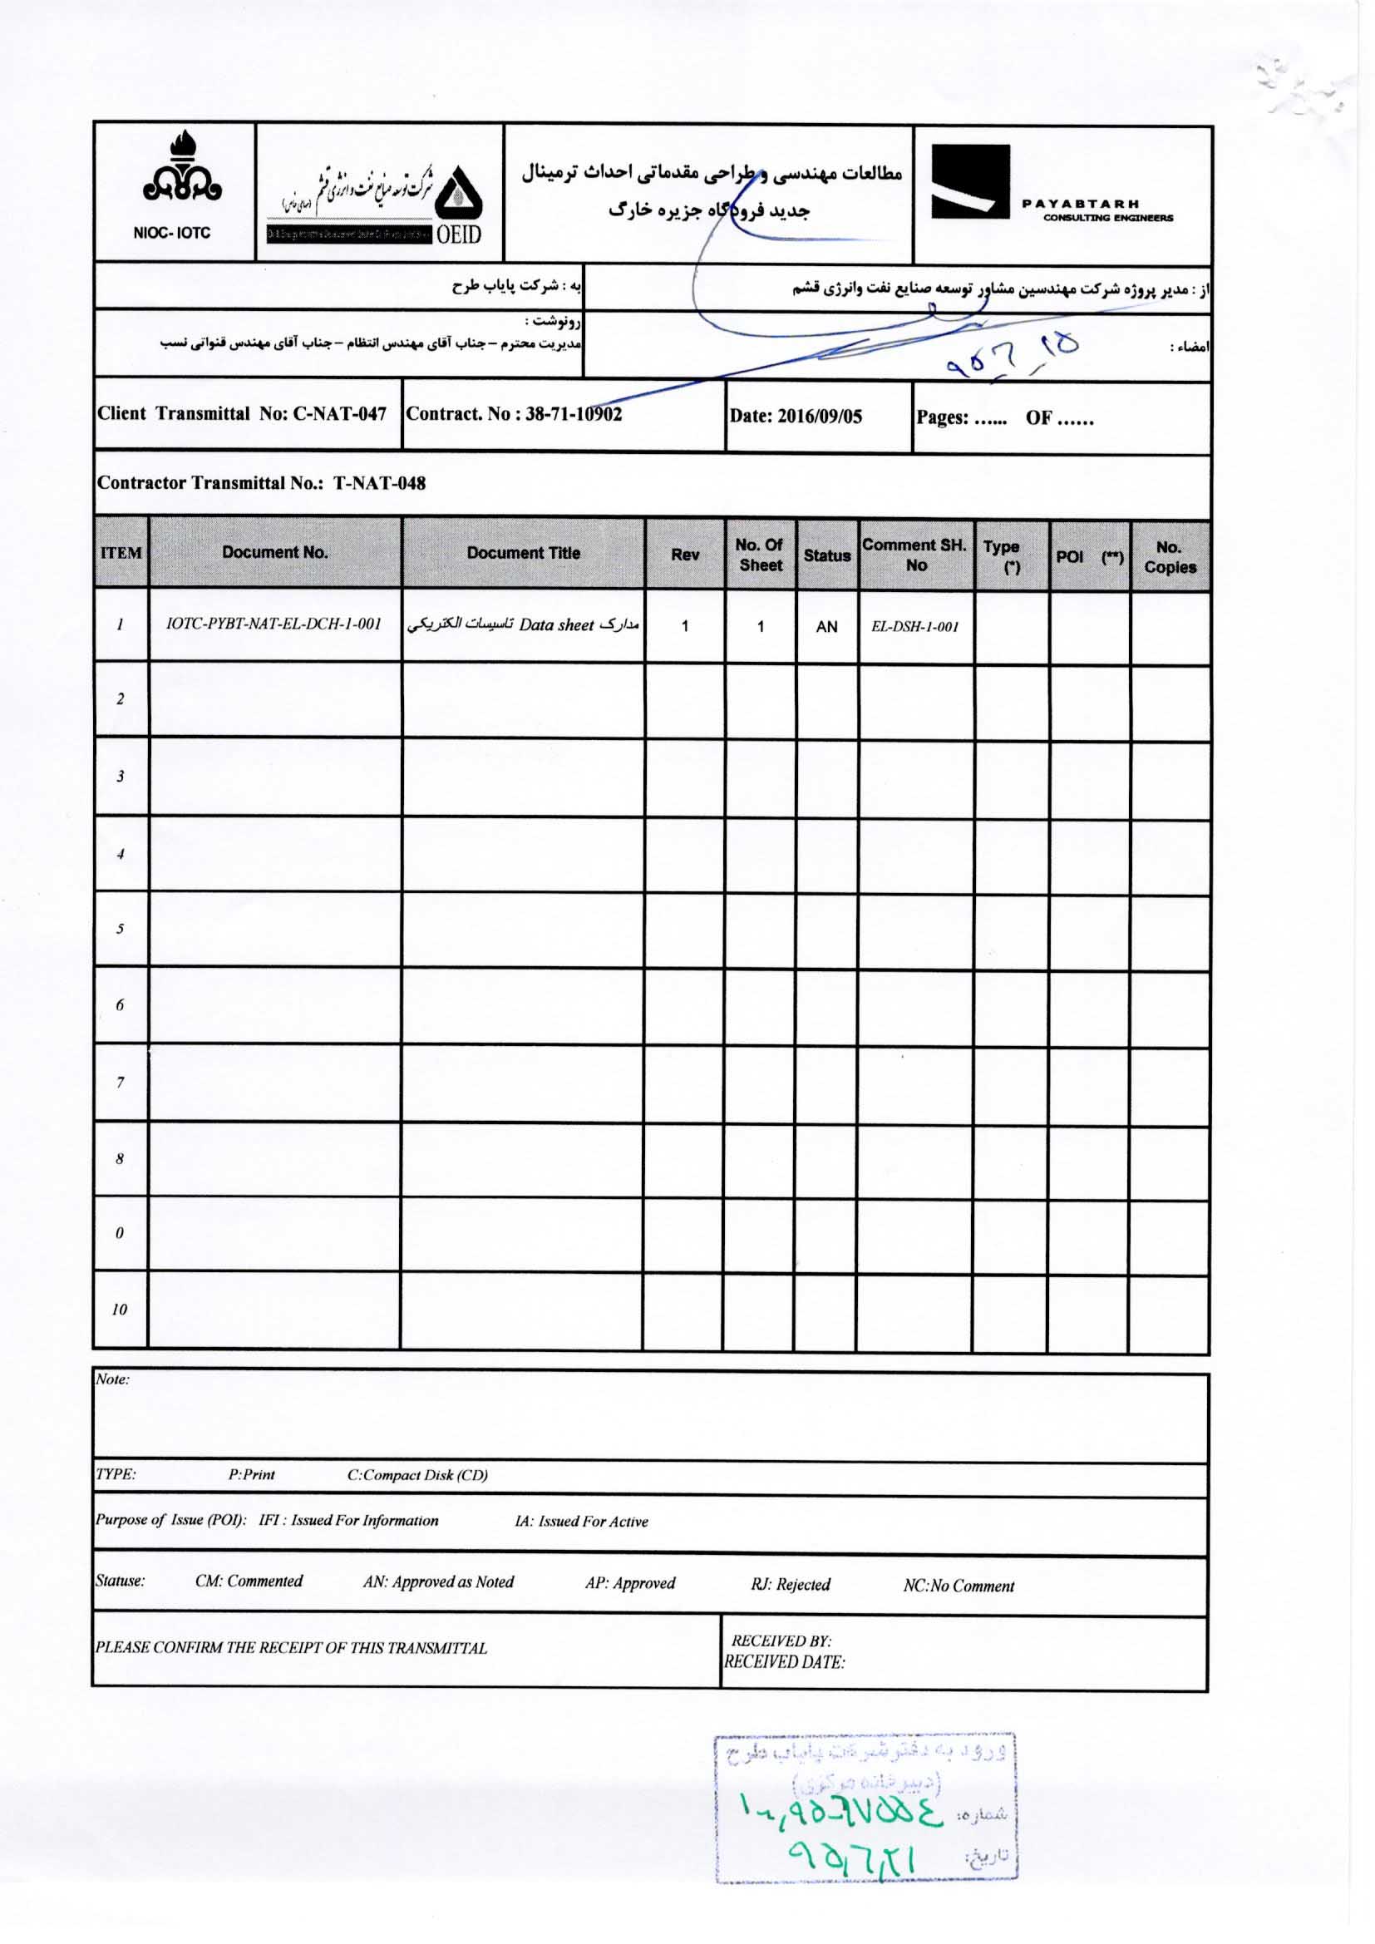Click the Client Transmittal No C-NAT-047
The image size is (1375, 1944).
point(242,414)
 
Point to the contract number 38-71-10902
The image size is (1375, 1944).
point(514,414)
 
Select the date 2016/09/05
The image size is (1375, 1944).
point(795,416)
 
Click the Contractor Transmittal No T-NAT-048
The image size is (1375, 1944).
point(262,483)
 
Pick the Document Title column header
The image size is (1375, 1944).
point(523,553)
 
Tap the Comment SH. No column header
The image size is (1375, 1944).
point(914,555)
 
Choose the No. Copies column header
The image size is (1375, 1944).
point(1170,557)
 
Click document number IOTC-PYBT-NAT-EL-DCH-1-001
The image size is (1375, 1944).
point(274,624)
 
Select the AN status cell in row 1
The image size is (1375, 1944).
point(825,627)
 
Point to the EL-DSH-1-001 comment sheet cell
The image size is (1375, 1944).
point(914,627)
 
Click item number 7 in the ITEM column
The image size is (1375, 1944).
point(121,1083)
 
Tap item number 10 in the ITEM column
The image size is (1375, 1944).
point(120,1310)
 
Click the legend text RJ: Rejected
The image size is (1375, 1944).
point(790,1584)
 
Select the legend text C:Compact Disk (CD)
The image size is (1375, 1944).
point(417,1475)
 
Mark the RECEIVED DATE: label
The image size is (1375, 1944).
point(785,1662)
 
